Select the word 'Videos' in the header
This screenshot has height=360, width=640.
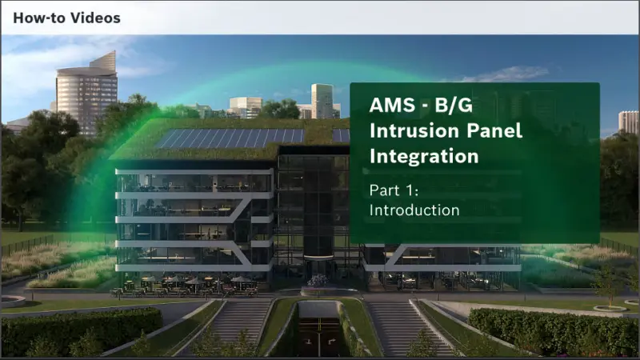(x=95, y=18)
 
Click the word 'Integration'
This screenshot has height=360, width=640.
(x=424, y=156)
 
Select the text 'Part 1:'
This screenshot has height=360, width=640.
(x=394, y=190)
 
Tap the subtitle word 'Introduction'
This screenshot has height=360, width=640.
(x=414, y=210)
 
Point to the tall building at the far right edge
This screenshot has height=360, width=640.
(x=629, y=122)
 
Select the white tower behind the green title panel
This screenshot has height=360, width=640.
(x=322, y=100)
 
